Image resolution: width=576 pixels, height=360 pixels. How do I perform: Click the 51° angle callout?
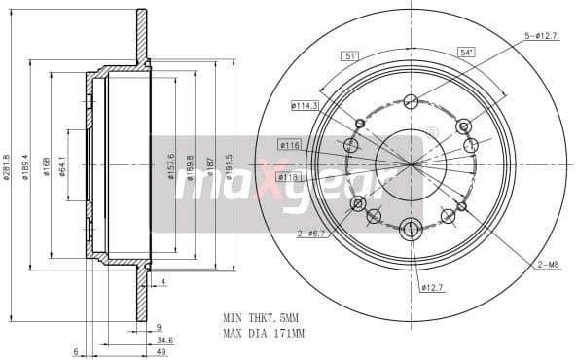[351, 54]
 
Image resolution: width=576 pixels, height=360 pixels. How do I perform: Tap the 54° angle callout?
[467, 52]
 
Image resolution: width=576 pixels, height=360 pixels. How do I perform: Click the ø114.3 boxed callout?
[305, 105]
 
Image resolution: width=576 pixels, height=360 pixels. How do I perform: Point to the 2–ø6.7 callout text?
[312, 234]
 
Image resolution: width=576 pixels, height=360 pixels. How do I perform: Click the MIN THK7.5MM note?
[262, 317]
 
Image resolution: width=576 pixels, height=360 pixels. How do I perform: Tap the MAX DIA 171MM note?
[264, 334]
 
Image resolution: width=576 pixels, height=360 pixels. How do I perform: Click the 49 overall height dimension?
[163, 353]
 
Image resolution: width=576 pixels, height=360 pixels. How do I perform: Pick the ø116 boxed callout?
[289, 145]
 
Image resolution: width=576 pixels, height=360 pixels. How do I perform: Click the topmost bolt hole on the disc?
[411, 101]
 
